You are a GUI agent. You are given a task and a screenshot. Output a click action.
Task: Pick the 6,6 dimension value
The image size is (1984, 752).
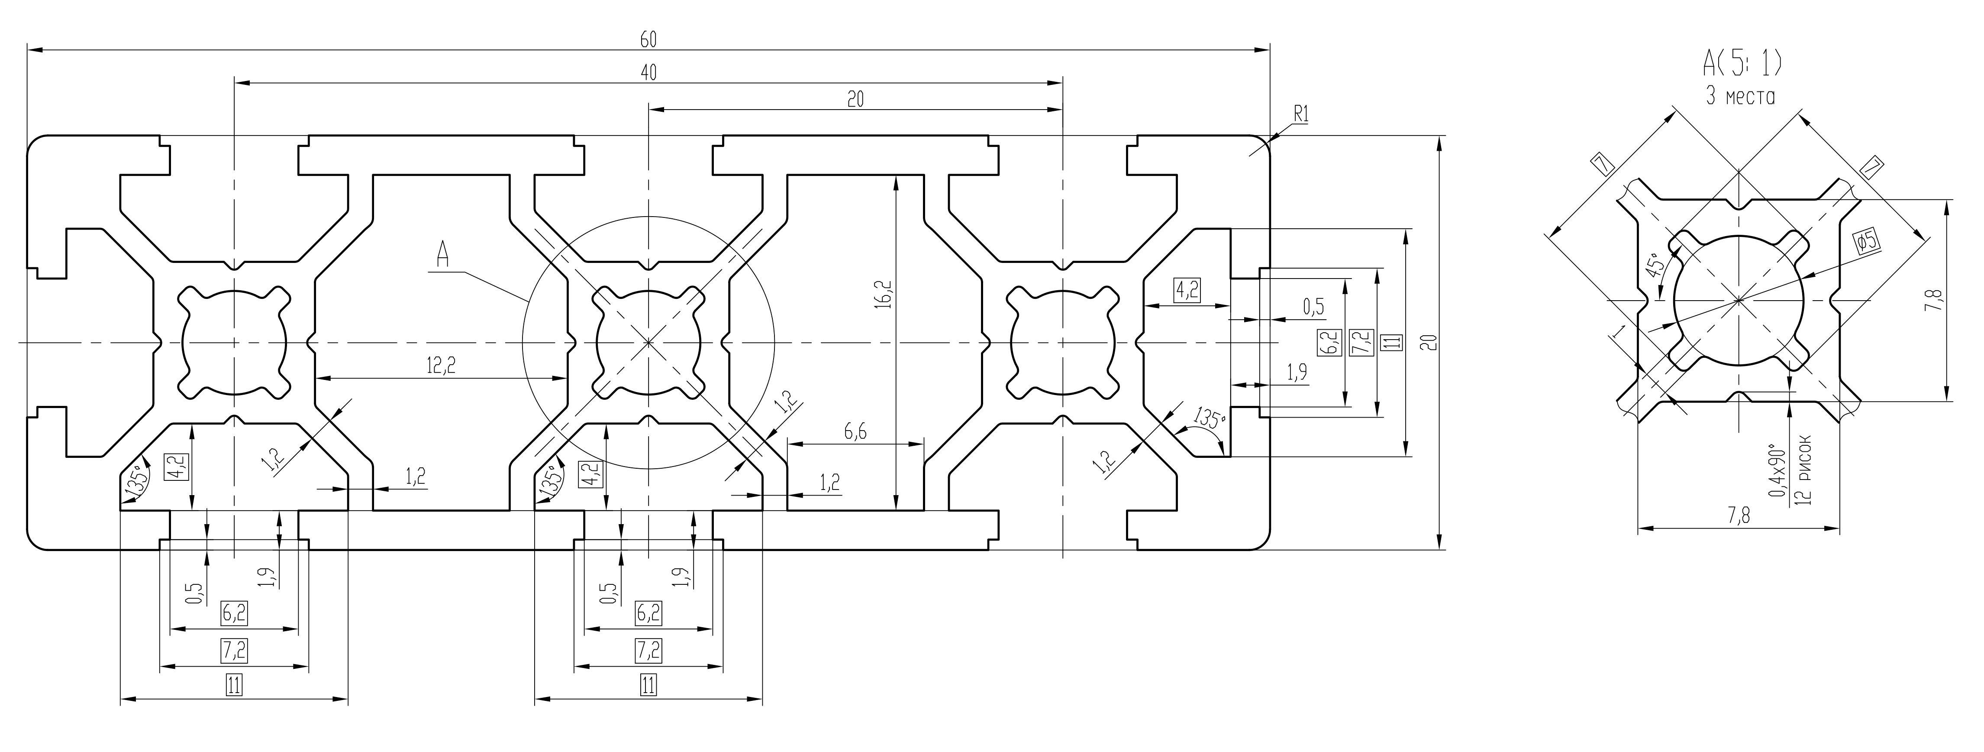(855, 432)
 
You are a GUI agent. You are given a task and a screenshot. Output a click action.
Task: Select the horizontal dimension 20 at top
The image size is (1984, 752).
(855, 99)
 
